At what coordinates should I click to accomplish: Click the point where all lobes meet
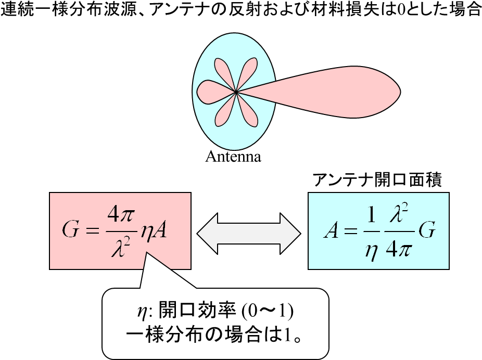[236, 92]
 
